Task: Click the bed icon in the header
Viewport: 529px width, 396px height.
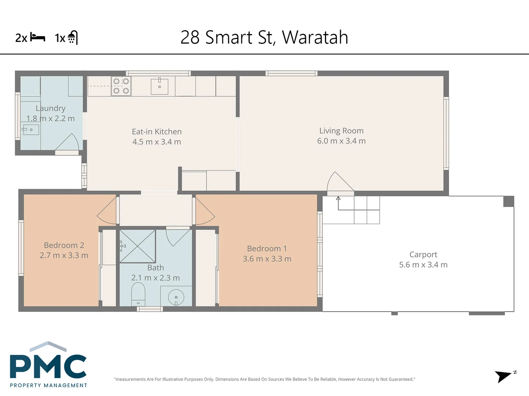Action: coord(37,37)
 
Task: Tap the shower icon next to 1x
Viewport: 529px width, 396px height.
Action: coord(73,37)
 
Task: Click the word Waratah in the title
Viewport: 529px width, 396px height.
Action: coord(315,37)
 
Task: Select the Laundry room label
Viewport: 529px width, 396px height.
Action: coord(51,108)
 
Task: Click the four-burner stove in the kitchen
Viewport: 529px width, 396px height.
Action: coord(121,86)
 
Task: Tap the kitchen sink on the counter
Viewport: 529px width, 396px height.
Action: coord(159,86)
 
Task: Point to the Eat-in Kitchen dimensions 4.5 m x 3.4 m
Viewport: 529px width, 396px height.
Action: coord(157,142)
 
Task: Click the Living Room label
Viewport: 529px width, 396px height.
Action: coord(341,131)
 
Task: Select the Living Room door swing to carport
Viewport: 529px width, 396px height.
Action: coord(339,183)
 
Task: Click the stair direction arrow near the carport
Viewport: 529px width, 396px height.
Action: coord(338,199)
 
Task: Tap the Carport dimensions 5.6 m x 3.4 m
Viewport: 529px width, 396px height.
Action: coord(423,265)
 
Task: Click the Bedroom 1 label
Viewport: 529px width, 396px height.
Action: coord(267,249)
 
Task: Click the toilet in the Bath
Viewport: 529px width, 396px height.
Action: coord(138,293)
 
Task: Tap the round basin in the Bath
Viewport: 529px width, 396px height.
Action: coord(176,297)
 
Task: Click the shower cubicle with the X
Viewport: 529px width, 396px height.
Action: coord(137,246)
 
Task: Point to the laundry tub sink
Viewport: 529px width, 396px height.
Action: coord(31,130)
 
